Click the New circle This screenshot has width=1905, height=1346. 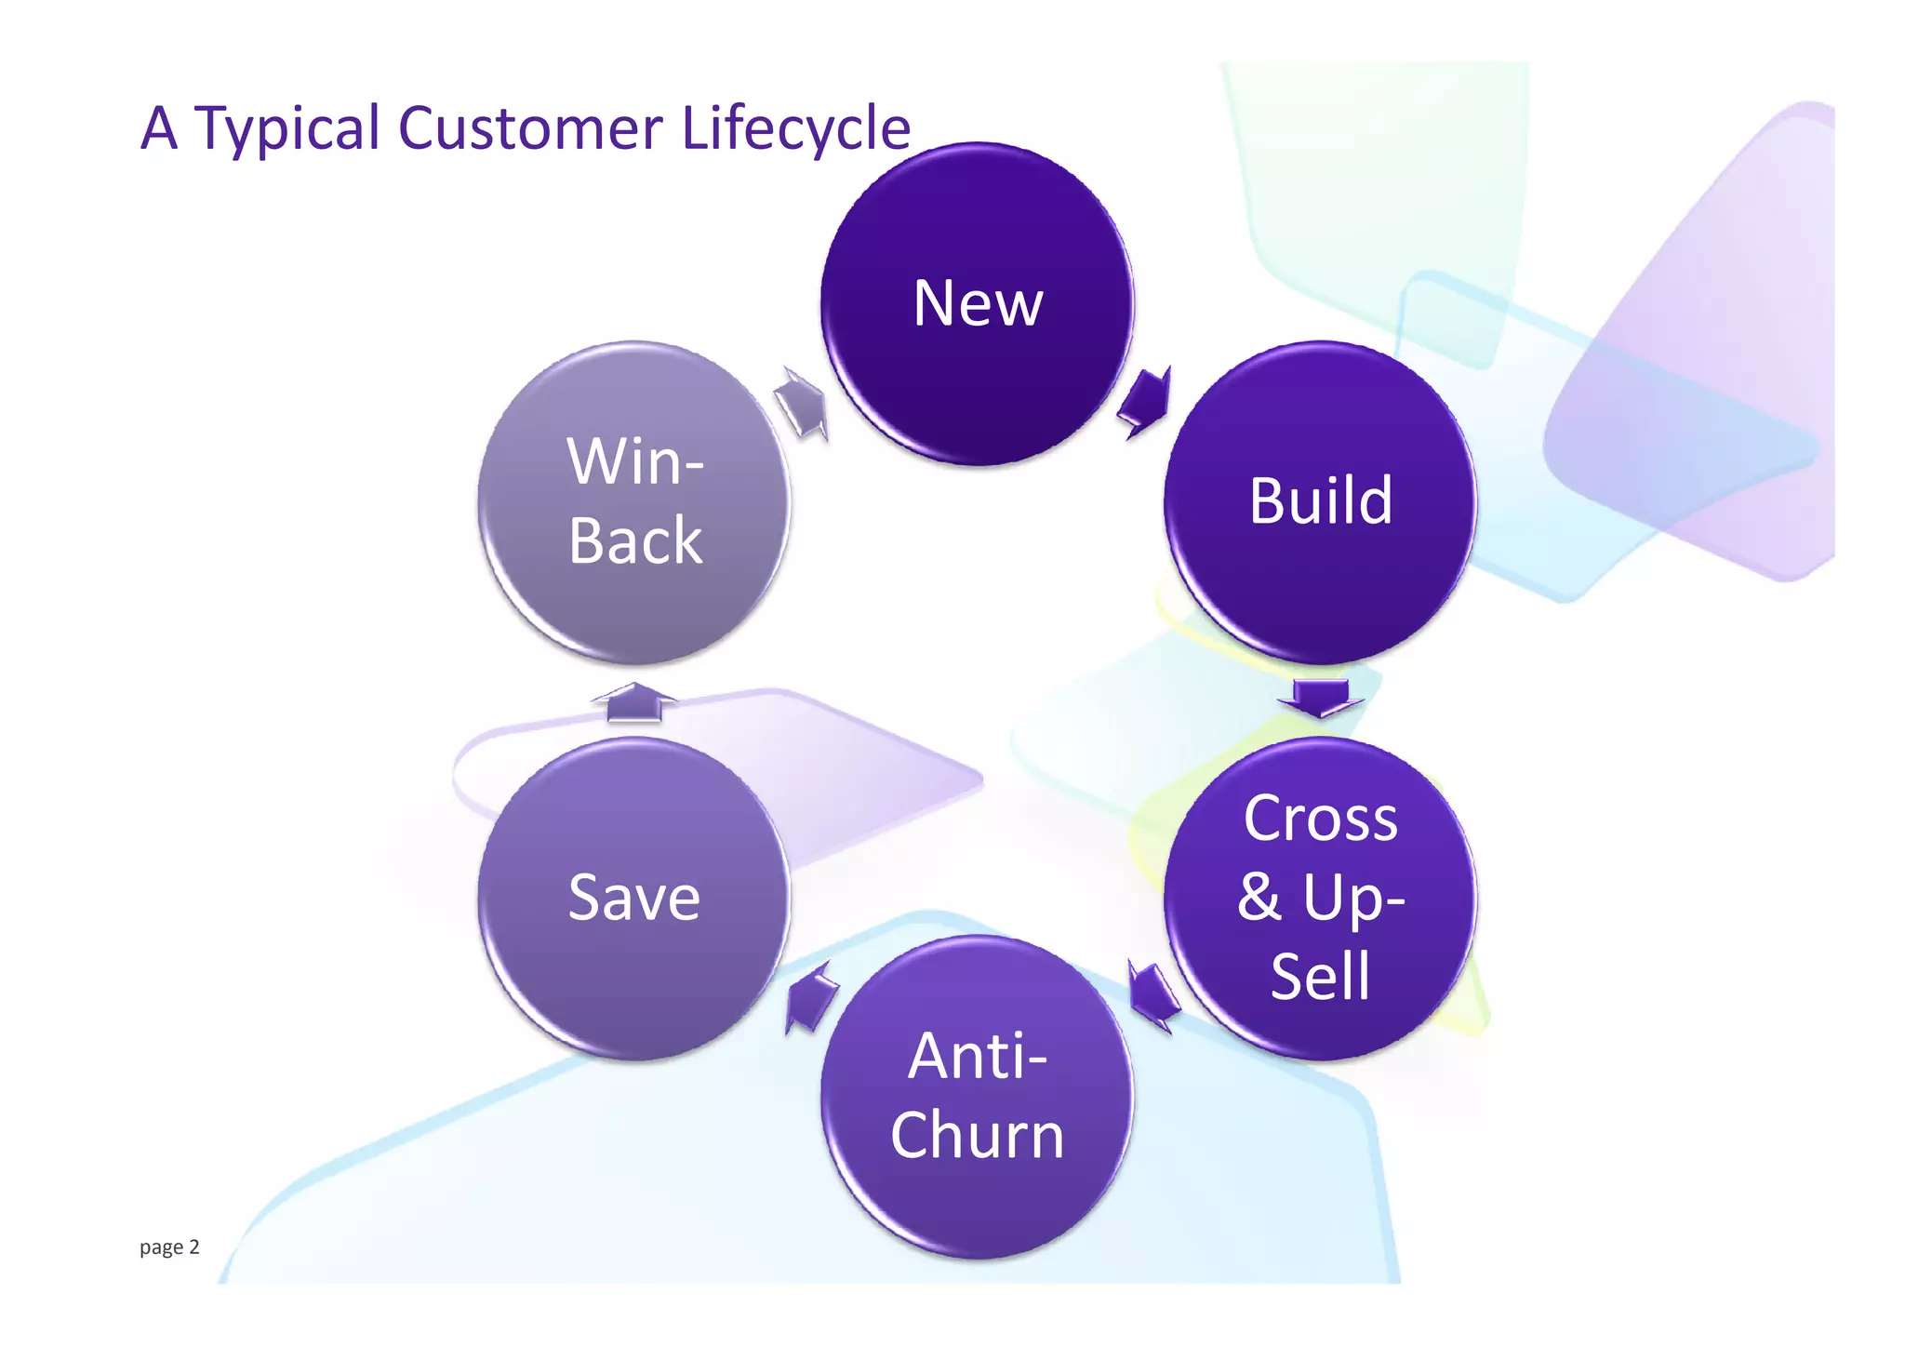coord(978,303)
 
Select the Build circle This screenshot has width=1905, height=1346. coord(1320,501)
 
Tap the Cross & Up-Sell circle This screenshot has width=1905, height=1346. coord(1320,898)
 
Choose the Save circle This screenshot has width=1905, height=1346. coord(634,898)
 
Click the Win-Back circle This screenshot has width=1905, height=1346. coord(634,501)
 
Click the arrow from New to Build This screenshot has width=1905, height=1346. coord(1146,402)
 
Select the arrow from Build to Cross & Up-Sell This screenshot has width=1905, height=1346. coord(1321,698)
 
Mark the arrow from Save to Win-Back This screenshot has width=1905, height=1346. coord(634,702)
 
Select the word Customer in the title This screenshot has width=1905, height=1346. coord(530,128)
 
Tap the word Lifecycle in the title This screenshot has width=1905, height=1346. coord(796,128)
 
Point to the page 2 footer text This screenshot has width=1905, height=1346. coord(169,1247)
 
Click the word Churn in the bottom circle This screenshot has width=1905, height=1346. coord(978,1136)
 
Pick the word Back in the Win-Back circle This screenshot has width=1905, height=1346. coord(635,540)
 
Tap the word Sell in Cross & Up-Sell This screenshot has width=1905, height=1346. coord(1321,977)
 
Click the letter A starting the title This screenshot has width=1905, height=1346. coord(159,128)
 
